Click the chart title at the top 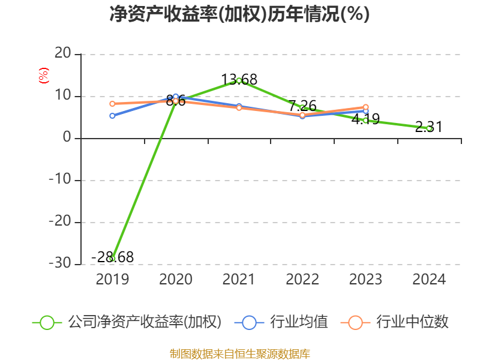(239, 14)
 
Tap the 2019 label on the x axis (112, 280)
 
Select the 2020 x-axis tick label (175, 280)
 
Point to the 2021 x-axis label (239, 280)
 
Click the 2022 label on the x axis (302, 280)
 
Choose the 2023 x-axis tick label (365, 280)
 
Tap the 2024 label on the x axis (429, 280)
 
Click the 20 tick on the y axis (62, 55)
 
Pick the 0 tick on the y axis (67, 139)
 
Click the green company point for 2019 (112, 259)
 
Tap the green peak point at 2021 (239, 80)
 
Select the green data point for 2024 (429, 128)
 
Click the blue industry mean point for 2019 (112, 116)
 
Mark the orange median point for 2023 (365, 107)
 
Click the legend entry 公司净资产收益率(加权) (144, 322)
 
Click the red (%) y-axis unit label (43, 76)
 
